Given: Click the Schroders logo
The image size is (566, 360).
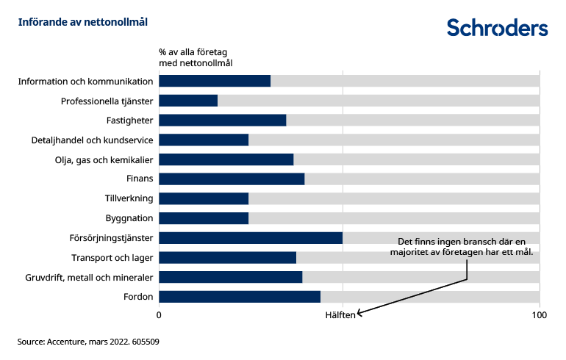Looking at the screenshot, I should pos(498,27).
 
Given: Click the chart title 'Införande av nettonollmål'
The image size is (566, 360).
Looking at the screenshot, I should pos(83,22).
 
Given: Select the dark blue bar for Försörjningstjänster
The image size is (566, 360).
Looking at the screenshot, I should pos(251,238).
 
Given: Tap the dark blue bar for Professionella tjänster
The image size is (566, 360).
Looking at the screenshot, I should pos(188,101).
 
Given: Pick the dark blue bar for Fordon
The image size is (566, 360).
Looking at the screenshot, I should pos(240,297).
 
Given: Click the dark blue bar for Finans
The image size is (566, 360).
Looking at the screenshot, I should pos(232,179).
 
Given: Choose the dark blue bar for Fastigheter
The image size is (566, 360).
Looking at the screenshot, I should pos(223,120).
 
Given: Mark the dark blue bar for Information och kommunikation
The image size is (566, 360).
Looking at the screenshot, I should pos(215,81).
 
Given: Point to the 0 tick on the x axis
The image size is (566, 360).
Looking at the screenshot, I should pos(160,315).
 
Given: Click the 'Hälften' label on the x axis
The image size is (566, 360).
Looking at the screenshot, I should pos(341,315).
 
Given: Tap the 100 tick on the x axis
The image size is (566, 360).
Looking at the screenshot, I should pos(540,315).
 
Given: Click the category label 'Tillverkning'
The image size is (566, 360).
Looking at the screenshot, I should pos(129,198).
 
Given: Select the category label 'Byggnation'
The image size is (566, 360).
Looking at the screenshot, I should pos(129,218).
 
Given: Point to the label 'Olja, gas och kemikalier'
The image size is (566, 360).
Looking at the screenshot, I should pos(104,159).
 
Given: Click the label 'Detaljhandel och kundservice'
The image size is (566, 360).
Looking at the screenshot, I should pos(92,140).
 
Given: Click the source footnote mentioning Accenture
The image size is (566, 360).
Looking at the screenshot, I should pos(89,342).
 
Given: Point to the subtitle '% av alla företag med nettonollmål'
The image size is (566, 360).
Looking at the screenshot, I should pos(196,58).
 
